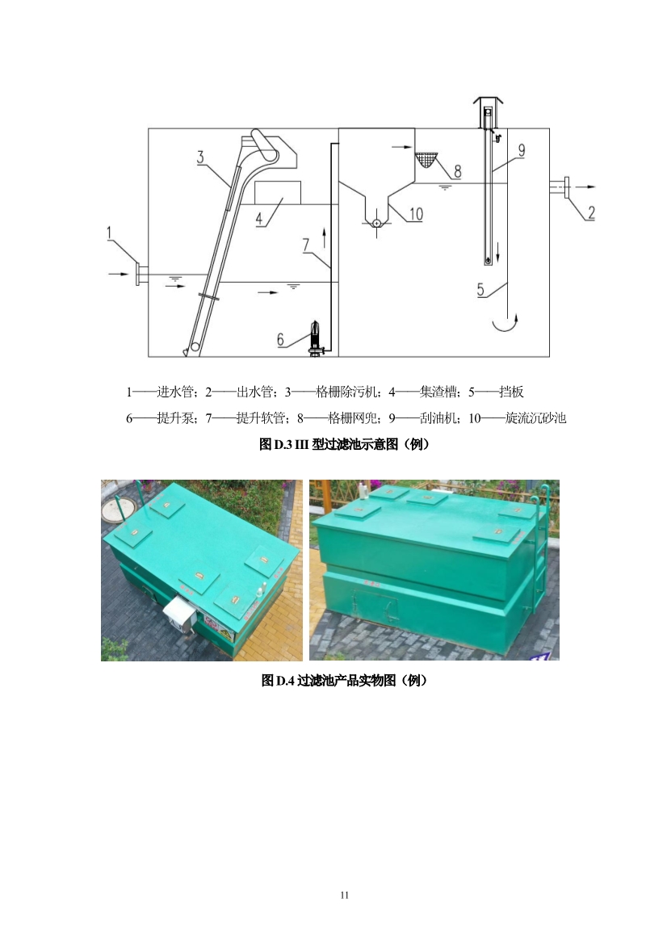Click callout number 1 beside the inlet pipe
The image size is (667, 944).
click(x=110, y=233)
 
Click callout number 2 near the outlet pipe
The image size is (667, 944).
click(x=591, y=212)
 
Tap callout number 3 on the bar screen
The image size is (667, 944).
click(x=200, y=157)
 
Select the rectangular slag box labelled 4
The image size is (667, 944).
click(x=278, y=192)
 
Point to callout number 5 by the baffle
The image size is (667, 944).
click(x=480, y=290)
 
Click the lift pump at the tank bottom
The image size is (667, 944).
click(x=316, y=338)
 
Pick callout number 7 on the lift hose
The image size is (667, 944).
click(x=306, y=245)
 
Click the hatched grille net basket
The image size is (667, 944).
click(x=426, y=160)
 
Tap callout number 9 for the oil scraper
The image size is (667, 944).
click(x=522, y=149)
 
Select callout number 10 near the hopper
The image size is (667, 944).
click(x=416, y=214)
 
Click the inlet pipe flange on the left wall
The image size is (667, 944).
click(x=138, y=275)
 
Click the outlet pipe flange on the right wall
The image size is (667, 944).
click(x=566, y=187)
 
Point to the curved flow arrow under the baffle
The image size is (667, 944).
click(x=505, y=325)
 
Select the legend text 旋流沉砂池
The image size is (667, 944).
click(x=535, y=417)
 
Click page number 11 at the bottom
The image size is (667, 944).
click(x=344, y=895)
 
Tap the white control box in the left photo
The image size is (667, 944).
click(x=178, y=613)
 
